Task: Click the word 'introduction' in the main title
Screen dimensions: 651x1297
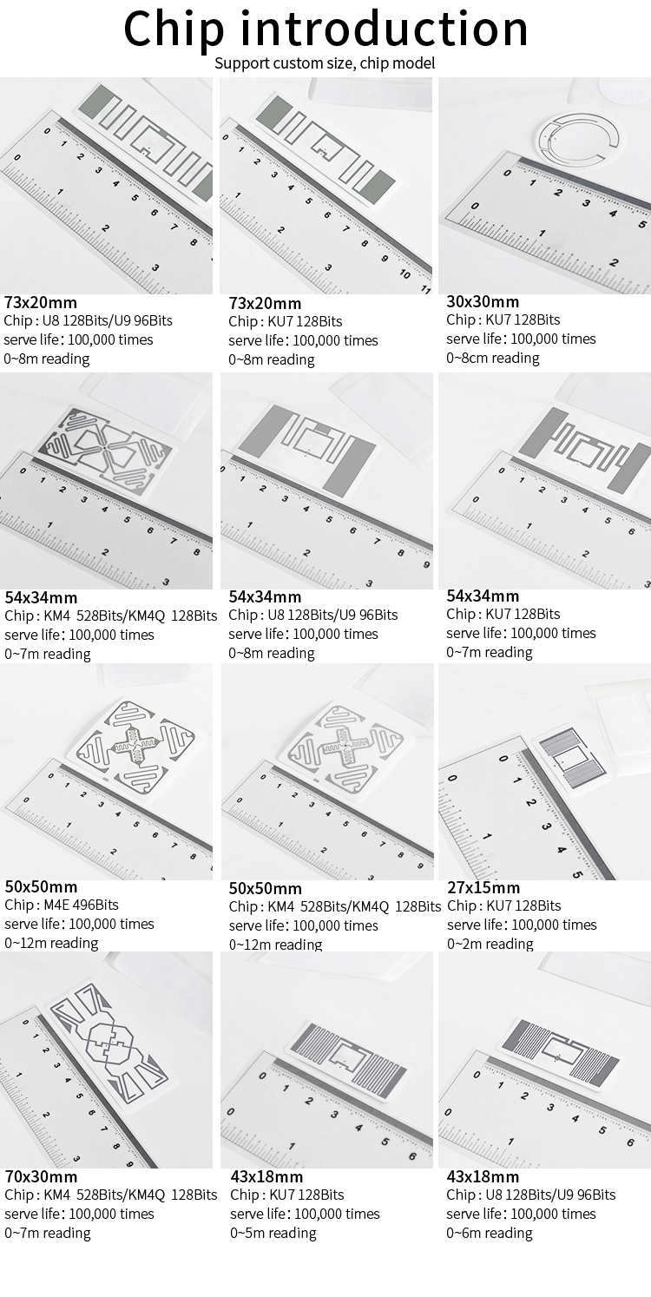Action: pyautogui.click(x=384, y=28)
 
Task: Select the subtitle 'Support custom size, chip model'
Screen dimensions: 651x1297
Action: pyautogui.click(x=325, y=63)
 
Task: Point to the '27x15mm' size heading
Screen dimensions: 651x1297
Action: pyautogui.click(x=483, y=887)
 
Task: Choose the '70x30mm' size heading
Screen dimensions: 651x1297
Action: pyautogui.click(x=41, y=1176)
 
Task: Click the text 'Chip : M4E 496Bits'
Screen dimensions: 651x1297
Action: pyautogui.click(x=62, y=905)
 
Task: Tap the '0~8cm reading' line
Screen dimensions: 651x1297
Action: pyautogui.click(x=493, y=358)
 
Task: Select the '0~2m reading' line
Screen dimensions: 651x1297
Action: pyautogui.click(x=490, y=944)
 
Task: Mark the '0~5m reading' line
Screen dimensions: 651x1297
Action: pyautogui.click(x=273, y=1233)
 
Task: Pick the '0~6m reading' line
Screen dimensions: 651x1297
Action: pyautogui.click(x=490, y=1233)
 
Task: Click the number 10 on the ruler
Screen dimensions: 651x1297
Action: pyautogui.click(x=404, y=273)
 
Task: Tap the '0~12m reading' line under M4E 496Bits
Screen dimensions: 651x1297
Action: pyautogui.click(x=51, y=943)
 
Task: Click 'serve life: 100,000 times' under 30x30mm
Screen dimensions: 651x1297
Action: pyautogui.click(x=522, y=339)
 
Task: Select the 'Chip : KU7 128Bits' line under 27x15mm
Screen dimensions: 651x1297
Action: pyautogui.click(x=504, y=905)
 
